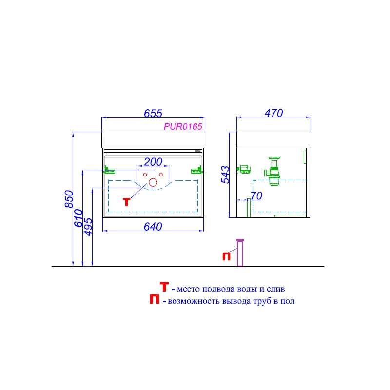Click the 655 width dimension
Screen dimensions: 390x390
tap(153, 113)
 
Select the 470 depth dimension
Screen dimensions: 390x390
tap(273, 113)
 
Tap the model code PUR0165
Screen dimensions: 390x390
tap(182, 126)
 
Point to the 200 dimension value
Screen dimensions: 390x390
tap(153, 162)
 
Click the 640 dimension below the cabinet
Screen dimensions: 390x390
tap(153, 227)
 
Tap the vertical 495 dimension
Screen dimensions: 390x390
tap(89, 227)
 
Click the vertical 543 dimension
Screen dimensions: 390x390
tap(225, 174)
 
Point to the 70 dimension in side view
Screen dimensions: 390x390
tap(256, 196)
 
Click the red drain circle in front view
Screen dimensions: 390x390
tap(153, 183)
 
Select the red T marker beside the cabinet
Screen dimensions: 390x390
tap(127, 201)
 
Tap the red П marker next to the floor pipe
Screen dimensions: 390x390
tap(227, 256)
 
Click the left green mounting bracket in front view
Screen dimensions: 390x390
tap(109, 170)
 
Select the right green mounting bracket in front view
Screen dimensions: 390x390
tap(196, 170)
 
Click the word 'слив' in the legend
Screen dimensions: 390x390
tap(275, 289)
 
